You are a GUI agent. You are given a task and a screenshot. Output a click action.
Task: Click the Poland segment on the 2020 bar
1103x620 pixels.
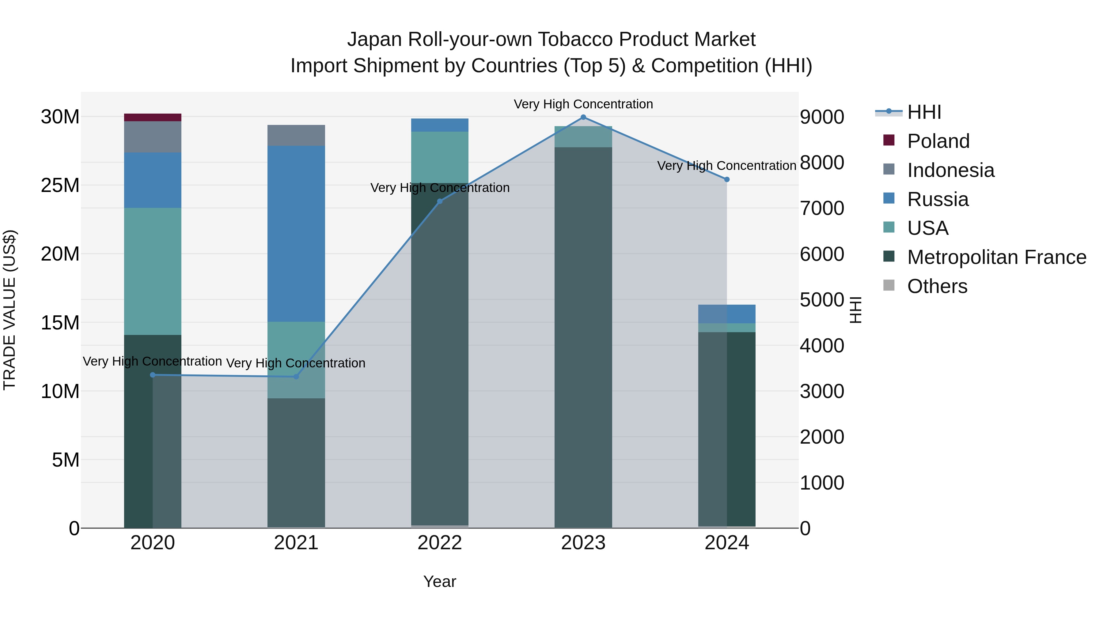point(153,117)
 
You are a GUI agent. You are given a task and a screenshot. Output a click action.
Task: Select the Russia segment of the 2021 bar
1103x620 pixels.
point(296,233)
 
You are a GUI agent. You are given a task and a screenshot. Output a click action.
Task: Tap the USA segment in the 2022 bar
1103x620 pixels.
point(439,157)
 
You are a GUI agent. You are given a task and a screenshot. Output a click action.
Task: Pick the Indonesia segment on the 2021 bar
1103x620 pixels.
point(296,135)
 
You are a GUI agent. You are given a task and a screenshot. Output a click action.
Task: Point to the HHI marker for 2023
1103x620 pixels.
point(583,117)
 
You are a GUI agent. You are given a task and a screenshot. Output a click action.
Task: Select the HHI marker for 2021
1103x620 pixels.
point(296,377)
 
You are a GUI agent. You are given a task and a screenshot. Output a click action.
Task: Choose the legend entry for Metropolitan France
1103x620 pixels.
point(996,257)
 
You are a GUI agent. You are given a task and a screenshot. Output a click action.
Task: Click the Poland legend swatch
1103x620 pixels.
point(889,140)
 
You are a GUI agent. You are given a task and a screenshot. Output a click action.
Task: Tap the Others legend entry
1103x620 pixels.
point(937,286)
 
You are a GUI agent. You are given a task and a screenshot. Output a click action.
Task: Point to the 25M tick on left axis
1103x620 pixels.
point(60,185)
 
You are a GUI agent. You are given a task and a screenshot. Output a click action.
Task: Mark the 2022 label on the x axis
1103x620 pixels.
point(439,543)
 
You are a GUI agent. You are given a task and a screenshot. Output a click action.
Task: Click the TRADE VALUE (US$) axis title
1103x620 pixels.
point(9,310)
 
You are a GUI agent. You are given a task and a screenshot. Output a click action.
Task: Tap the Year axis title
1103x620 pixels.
point(439,581)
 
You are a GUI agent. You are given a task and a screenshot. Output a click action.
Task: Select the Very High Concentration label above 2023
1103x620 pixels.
point(583,104)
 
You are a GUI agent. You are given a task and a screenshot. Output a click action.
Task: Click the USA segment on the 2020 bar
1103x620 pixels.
point(153,271)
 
